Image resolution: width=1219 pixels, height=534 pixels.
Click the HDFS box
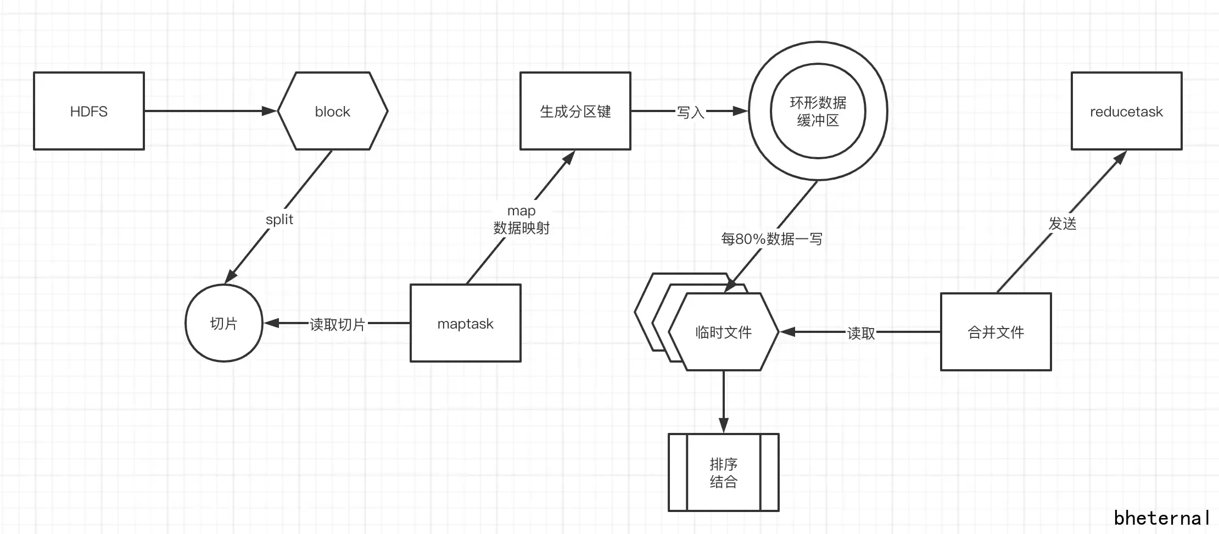[89, 111]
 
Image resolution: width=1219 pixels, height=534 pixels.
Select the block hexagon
[332, 111]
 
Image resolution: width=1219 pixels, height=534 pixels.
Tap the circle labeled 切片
[224, 323]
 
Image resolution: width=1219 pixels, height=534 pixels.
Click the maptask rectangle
[465, 323]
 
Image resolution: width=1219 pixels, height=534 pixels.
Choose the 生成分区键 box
[575, 111]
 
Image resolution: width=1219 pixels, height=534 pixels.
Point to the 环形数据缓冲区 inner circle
[818, 111]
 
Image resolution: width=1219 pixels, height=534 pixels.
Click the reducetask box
[1126, 111]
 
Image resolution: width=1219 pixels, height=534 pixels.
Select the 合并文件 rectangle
[996, 332]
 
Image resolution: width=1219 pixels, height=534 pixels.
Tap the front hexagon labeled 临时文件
[723, 332]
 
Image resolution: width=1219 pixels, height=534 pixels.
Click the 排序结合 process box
[723, 472]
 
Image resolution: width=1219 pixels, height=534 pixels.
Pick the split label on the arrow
[279, 219]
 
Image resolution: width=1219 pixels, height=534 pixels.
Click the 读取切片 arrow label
[337, 324]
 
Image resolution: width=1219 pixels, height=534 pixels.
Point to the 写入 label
[690, 112]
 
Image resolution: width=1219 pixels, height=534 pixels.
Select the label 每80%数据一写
[771, 238]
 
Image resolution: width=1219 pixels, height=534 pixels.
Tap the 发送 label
[1062, 223]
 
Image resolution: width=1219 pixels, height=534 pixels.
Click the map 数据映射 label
[521, 219]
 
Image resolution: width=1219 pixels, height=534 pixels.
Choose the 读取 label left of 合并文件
[860, 333]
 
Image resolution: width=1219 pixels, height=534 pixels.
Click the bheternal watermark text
[1161, 518]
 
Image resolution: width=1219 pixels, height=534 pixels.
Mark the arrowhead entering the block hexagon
[270, 111]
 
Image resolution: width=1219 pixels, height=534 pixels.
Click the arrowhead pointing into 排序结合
[723, 425]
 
